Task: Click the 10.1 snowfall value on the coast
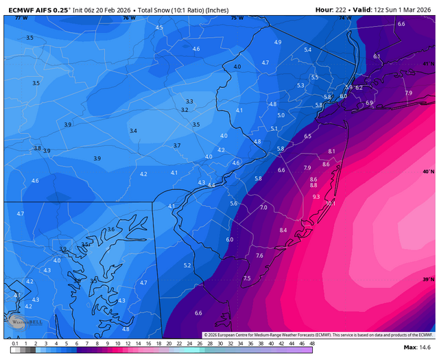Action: (330, 203)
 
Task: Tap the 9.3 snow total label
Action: (316, 197)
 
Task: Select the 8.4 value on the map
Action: (283, 230)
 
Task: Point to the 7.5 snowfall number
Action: (247, 278)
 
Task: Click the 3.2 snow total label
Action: (185, 110)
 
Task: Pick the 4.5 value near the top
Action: (160, 27)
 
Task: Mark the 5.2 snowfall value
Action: (187, 265)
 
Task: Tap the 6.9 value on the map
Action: (369, 103)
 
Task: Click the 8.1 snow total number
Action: (332, 151)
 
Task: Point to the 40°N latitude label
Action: (429, 171)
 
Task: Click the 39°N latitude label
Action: (429, 279)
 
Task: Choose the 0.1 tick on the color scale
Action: (14, 343)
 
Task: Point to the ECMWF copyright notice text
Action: (318, 335)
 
